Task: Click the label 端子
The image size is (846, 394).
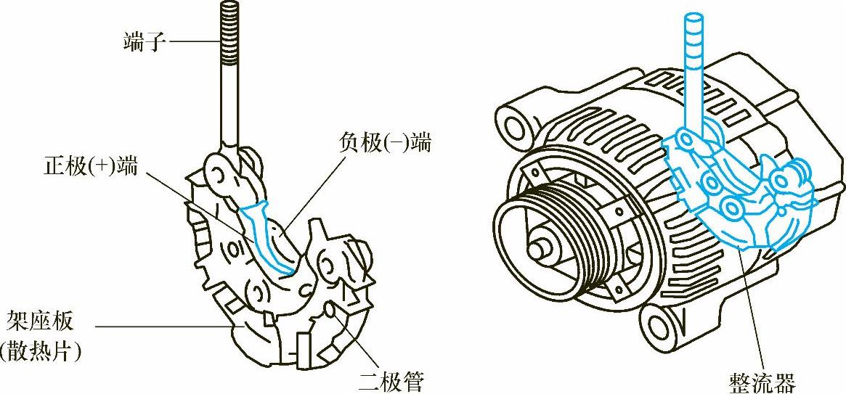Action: (145, 42)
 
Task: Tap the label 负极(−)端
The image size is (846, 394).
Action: (384, 143)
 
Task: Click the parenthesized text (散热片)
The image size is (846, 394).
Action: (42, 353)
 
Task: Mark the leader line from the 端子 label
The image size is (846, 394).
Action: (192, 42)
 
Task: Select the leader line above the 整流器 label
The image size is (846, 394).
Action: (752, 312)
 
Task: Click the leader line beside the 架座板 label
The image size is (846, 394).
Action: (167, 327)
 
